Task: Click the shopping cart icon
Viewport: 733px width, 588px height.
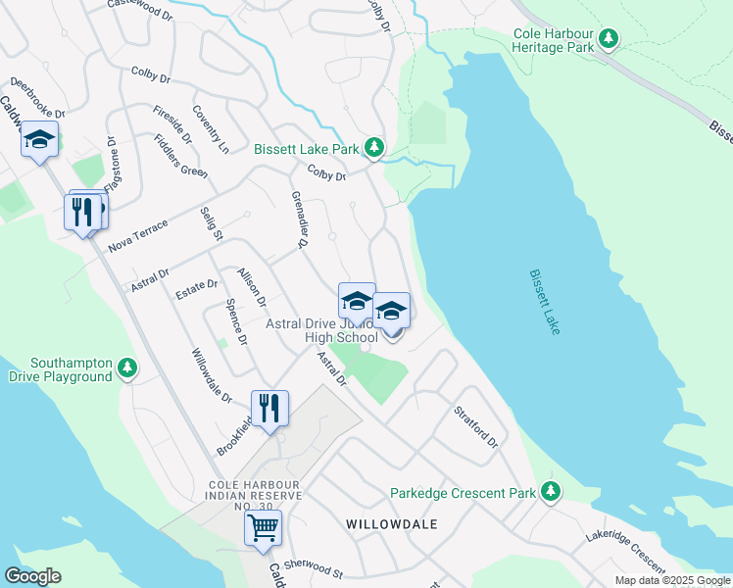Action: coord(263,527)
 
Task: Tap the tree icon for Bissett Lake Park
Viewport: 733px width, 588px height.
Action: coord(373,148)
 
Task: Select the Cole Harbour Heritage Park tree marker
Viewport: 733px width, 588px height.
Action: coord(610,39)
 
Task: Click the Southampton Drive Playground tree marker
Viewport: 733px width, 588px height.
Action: coord(126,368)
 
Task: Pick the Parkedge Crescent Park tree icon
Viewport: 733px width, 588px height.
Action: coord(551,491)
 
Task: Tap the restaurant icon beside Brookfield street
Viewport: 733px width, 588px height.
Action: coord(269,408)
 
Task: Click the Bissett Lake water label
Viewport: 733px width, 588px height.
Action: coord(544,303)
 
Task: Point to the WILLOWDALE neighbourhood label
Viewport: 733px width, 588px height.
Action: coord(391,524)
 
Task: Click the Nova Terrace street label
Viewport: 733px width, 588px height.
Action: coord(138,235)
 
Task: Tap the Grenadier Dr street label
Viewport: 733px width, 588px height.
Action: coord(299,220)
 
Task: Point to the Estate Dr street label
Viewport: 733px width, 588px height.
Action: coord(196,287)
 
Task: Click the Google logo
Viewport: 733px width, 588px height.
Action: coord(32,576)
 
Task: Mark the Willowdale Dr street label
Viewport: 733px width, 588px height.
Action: coord(212,376)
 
